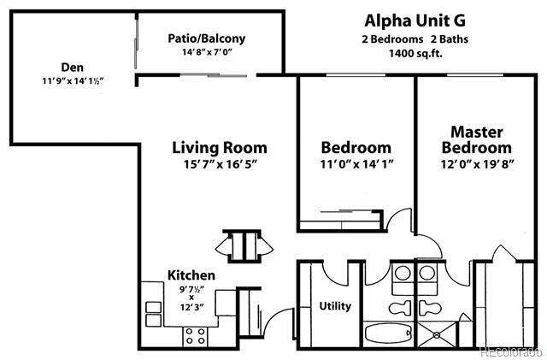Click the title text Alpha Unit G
pos(415,21)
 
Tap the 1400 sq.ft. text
pos(415,53)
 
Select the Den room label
pos(72,67)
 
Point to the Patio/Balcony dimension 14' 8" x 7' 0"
pos(207,52)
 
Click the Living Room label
pos(220,147)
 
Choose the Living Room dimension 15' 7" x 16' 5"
pos(221,164)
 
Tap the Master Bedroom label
pos(477,139)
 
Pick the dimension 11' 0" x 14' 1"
pos(357,164)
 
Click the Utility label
pos(335,306)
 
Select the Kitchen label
pos(191,275)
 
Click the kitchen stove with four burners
pos(196,336)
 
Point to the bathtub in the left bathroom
pos(388,333)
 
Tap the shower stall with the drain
pos(437,334)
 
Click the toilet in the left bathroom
pos(400,308)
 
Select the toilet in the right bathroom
pos(430,308)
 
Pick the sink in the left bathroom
pos(403,273)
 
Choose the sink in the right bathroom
pos(427,273)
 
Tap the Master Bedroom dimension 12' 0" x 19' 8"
pos(477,164)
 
